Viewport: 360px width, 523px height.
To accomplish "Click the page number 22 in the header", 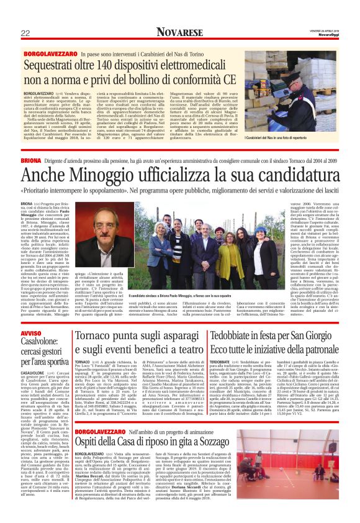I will [x=25, y=33].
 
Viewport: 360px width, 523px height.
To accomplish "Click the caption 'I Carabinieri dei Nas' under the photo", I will [x=286, y=137].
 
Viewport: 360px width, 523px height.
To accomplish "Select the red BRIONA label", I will [x=31, y=160].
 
